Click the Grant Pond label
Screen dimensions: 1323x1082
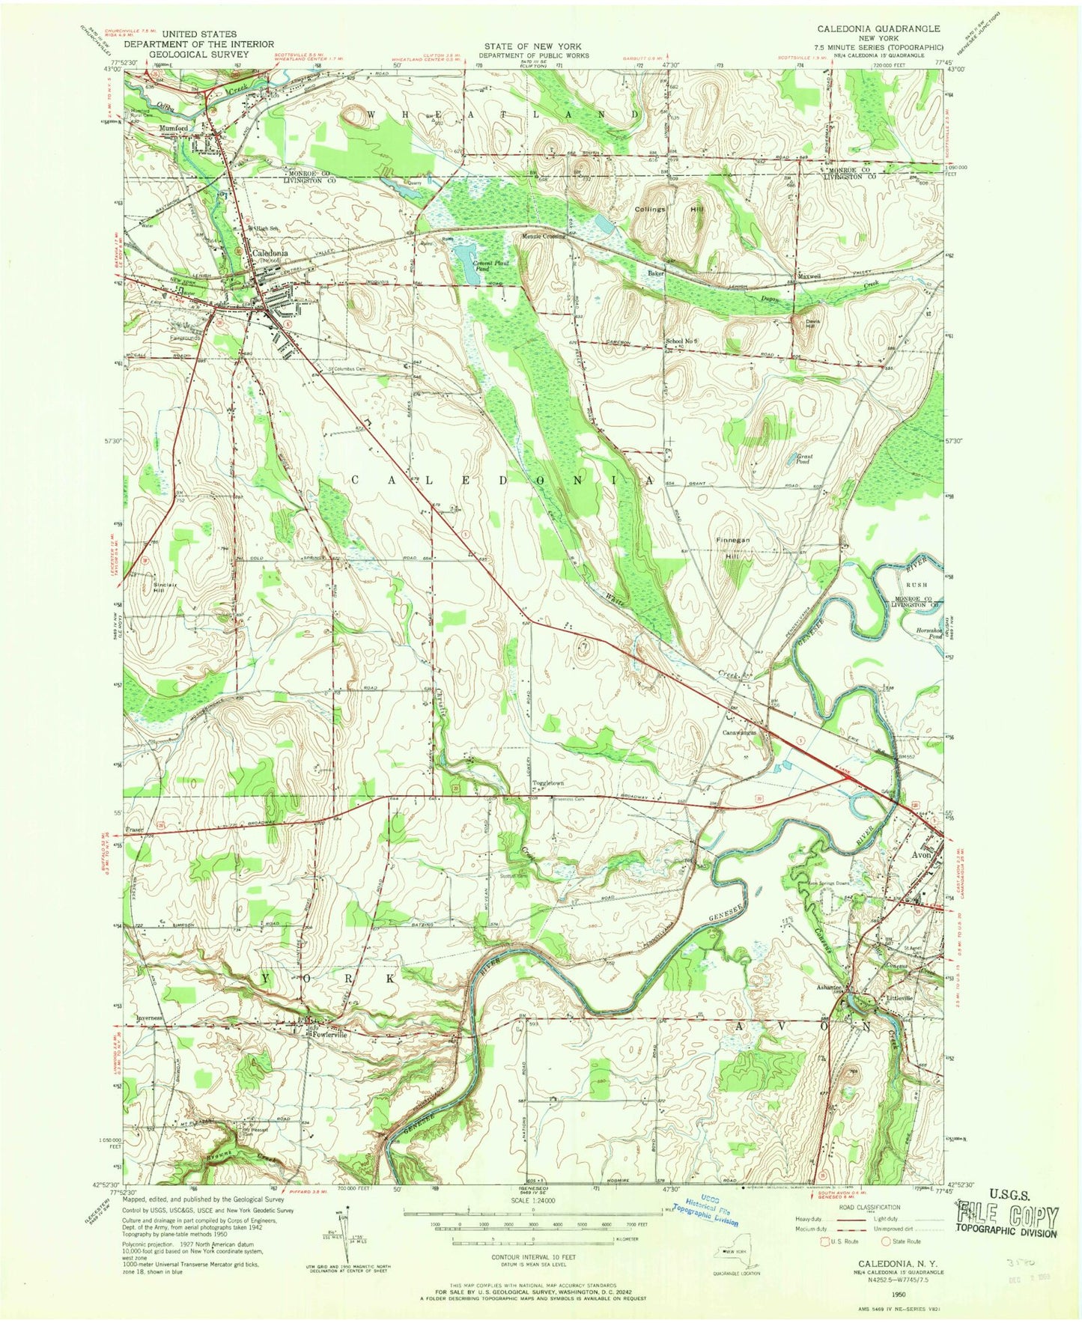coord(805,459)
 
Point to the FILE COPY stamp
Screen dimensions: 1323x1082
coord(1007,1214)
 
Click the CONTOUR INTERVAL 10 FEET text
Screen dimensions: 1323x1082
coord(532,1256)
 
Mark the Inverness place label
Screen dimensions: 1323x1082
coord(150,1019)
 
